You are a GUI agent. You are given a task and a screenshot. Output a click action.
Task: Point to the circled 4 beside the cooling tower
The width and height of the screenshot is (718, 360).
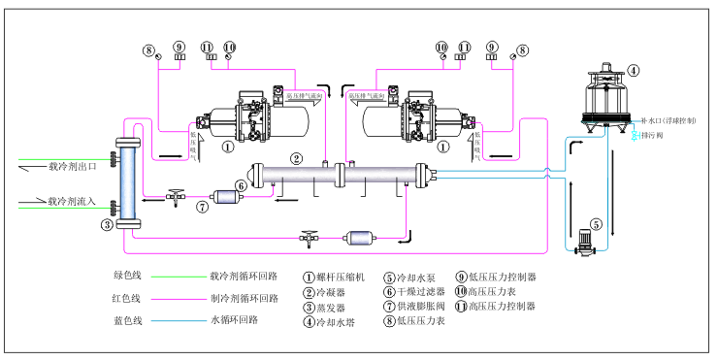click(x=634, y=70)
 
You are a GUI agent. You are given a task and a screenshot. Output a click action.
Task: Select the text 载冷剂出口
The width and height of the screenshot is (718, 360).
click(x=73, y=166)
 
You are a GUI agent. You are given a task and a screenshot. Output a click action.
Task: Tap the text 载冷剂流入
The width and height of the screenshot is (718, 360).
click(x=73, y=202)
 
